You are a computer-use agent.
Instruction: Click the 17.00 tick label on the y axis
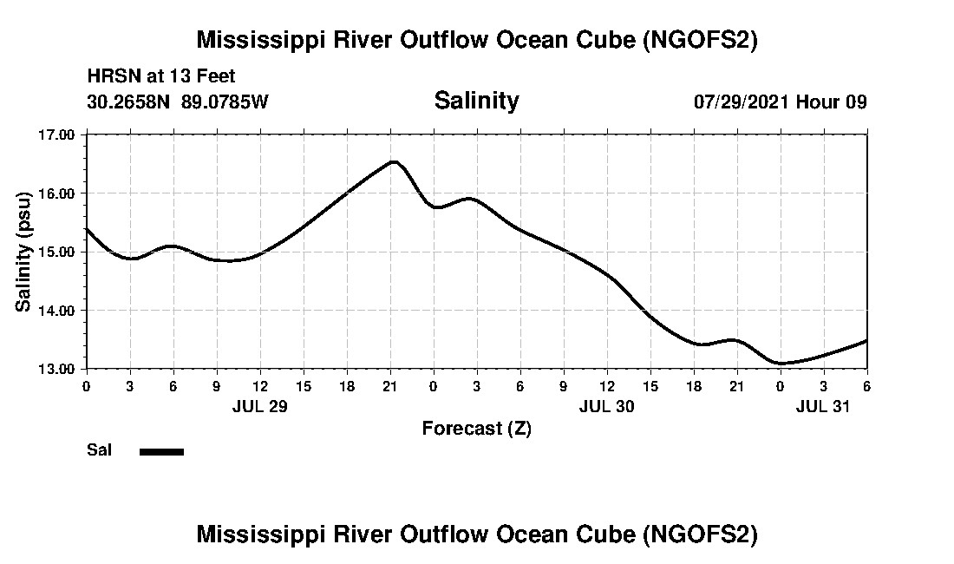57,134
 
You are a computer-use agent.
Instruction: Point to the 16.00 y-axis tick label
57,193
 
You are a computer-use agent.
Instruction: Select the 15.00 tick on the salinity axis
57,252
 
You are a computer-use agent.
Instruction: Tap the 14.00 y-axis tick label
57,310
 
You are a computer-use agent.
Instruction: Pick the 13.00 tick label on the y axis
57,369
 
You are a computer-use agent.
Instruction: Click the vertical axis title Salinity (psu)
23,252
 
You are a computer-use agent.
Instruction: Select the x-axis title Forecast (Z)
476,428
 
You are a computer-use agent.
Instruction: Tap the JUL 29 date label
259,406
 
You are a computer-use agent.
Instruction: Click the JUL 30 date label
606,406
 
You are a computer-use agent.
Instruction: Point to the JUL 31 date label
823,406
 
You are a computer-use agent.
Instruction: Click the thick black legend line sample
161,451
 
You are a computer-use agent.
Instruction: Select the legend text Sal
98,450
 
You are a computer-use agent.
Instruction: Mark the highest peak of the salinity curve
394,161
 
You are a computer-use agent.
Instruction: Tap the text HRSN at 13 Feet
161,77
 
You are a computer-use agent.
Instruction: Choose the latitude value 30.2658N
130,102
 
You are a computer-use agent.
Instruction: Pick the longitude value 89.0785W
225,102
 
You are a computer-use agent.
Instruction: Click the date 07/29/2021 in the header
742,102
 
